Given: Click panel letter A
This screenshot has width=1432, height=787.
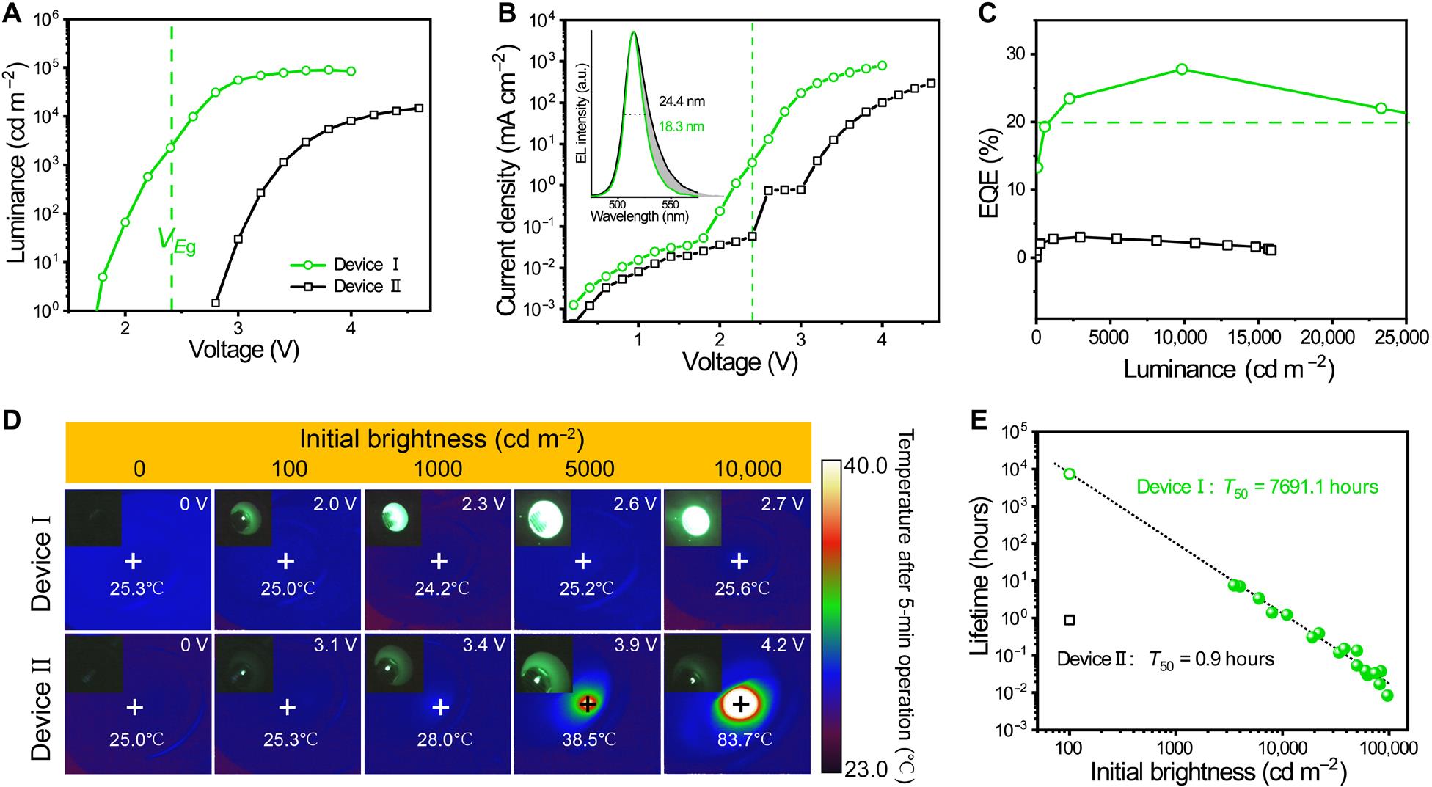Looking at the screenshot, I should coord(12,13).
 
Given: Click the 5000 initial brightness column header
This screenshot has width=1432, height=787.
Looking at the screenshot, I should coord(585,469).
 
